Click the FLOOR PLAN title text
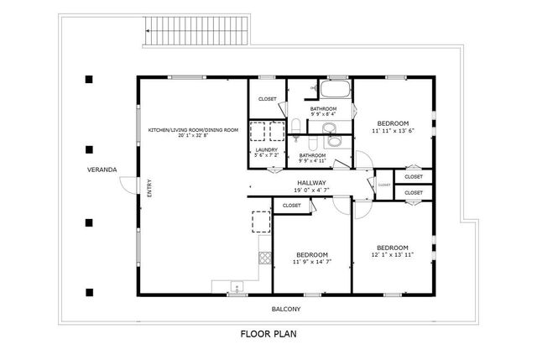click(x=268, y=333)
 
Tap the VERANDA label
click(x=102, y=170)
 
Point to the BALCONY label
click(x=285, y=309)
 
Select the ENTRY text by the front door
click(x=149, y=190)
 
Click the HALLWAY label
click(x=311, y=182)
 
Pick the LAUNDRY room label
click(x=267, y=149)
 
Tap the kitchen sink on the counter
click(x=237, y=286)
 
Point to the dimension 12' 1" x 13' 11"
click(x=392, y=256)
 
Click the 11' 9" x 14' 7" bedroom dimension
click(x=311, y=262)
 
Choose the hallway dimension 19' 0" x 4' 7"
click(x=311, y=190)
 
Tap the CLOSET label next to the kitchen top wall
click(x=268, y=99)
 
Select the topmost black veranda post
click(x=88, y=81)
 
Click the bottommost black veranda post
click(x=88, y=292)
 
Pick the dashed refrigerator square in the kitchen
click(x=260, y=222)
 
